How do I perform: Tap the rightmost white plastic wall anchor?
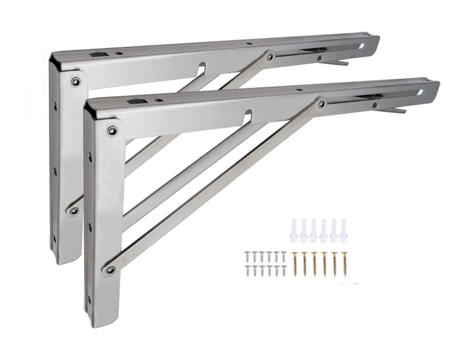click(343, 230)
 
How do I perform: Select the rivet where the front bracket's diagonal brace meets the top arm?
click(322, 104)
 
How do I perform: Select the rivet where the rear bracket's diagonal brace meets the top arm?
click(271, 57)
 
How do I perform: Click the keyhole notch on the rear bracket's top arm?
click(202, 65)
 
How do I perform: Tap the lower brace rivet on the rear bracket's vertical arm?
click(73, 211)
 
